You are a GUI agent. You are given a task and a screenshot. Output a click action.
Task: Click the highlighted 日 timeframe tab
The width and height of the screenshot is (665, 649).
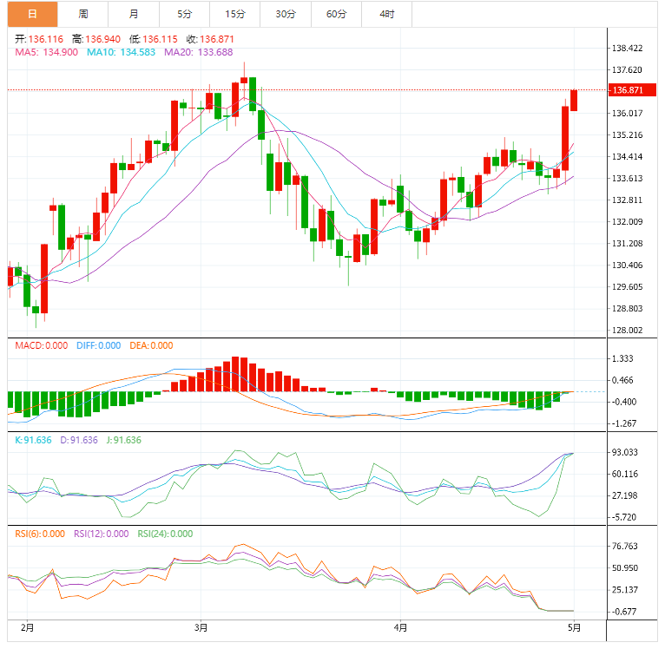[x=32, y=14]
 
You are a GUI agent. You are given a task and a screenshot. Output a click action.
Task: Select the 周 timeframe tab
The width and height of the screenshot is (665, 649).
[x=82, y=14]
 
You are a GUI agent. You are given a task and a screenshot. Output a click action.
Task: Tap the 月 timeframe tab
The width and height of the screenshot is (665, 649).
[x=133, y=14]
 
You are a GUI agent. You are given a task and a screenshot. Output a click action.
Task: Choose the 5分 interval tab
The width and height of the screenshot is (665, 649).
[x=184, y=14]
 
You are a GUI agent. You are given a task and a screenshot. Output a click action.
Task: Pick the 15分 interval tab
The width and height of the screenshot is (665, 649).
[x=234, y=14]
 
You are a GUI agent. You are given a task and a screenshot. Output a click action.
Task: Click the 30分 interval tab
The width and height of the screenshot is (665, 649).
[x=286, y=14]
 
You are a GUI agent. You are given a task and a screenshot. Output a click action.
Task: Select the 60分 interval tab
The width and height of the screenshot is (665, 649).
[x=336, y=14]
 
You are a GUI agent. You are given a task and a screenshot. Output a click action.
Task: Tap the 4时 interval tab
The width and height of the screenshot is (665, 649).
[x=386, y=14]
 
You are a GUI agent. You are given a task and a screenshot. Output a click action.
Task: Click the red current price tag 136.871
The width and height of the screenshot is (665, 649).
[x=627, y=90]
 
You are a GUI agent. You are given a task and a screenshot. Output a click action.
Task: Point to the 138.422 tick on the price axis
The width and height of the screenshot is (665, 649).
[x=627, y=49]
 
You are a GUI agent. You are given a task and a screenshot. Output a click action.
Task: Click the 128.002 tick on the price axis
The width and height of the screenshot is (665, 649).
[x=627, y=330]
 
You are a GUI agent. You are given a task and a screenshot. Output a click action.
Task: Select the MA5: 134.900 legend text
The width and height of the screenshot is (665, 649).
[x=47, y=52]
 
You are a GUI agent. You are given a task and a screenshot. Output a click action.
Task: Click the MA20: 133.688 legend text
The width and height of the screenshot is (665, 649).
[x=198, y=52]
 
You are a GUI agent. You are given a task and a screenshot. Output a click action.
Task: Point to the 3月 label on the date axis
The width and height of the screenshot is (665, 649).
[x=201, y=626]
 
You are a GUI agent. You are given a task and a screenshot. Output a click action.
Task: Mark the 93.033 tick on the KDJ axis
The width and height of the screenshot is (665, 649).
[x=625, y=452]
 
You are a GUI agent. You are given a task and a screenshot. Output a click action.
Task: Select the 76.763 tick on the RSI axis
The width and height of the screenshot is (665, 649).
[x=625, y=547]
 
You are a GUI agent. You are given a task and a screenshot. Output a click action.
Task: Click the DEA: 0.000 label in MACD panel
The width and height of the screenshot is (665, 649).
[x=151, y=345]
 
